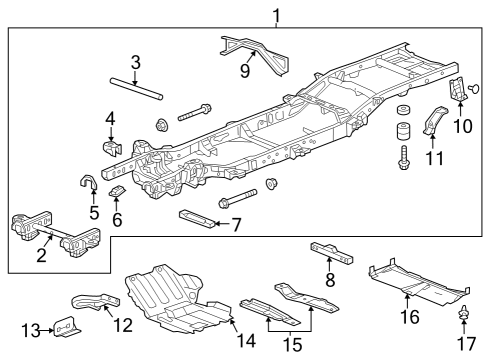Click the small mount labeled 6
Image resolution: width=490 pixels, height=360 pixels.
tap(116, 191)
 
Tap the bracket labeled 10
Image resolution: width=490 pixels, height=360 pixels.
tap(458, 90)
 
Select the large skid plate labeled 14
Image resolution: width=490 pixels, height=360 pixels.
tap(180, 300)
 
